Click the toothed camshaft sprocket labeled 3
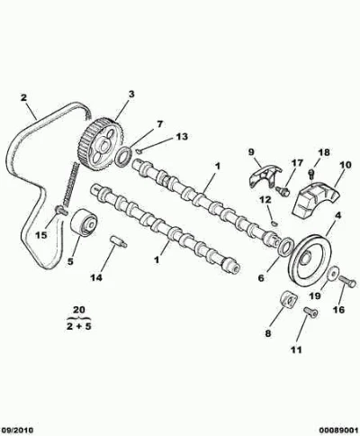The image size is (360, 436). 102,145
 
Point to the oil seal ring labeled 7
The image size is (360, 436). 123,157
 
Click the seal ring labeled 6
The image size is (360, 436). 286,247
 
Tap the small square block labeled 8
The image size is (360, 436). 289,299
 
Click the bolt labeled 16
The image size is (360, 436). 347,281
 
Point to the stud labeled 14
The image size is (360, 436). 119,241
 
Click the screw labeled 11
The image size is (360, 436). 310,312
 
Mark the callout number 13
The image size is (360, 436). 182,137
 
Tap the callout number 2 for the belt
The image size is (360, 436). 23,98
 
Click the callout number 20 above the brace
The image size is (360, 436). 78,310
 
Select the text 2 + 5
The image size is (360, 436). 78,327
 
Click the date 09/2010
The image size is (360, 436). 17,430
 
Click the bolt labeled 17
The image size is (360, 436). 283,190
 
